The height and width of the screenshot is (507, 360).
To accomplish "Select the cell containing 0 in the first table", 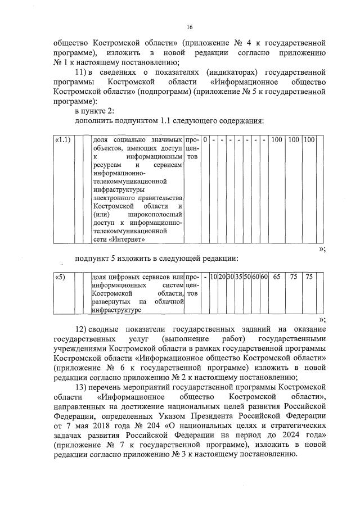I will pos(206,139).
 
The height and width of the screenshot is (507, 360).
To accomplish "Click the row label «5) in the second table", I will pos(60,277).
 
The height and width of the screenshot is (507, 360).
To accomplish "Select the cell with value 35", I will pos(238,277).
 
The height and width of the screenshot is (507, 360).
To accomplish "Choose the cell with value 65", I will pos(277,277).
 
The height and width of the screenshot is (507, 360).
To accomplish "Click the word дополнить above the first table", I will pos(95,121).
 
